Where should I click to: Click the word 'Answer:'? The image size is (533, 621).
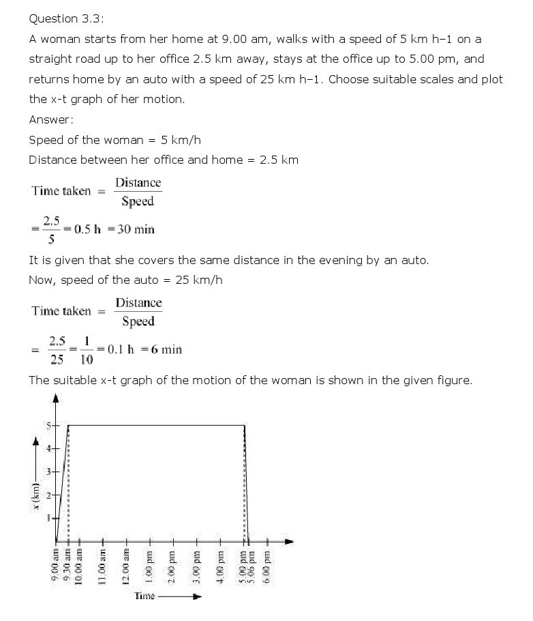coord(51,119)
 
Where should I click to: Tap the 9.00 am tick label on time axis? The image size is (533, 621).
coord(57,565)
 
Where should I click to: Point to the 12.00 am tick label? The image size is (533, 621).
coord(126,565)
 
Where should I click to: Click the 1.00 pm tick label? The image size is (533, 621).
coord(149,565)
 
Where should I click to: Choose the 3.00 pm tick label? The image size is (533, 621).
coord(196,565)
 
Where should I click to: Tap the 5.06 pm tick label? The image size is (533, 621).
coord(250,565)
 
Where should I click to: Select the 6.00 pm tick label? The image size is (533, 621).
coord(266,565)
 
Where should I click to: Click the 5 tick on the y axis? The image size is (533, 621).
coord(49,425)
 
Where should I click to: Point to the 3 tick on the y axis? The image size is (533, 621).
coord(49,472)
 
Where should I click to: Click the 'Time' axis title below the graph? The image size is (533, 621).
coord(144,596)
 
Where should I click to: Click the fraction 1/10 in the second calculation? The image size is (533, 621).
coord(87,349)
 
